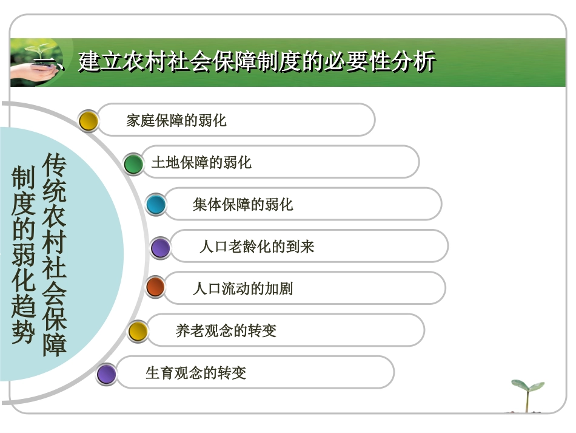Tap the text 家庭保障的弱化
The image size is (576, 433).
click(x=176, y=120)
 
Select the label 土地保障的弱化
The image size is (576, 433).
click(x=201, y=162)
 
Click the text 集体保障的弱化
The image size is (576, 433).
click(x=243, y=205)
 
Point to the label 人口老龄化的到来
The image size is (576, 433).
click(x=256, y=247)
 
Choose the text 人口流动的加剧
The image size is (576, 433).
click(x=243, y=288)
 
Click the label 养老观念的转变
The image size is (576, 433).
click(x=226, y=331)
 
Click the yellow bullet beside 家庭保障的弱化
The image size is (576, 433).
click(x=89, y=121)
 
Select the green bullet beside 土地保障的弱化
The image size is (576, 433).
click(x=133, y=163)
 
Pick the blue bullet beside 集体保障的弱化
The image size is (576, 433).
click(x=156, y=205)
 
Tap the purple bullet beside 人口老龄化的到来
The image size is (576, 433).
click(x=161, y=247)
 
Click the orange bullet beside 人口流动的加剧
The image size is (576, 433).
click(x=156, y=287)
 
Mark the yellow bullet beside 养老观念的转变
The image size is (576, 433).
click(x=138, y=331)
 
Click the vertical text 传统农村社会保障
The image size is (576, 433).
click(x=55, y=254)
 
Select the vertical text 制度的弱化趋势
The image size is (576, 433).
click(x=24, y=255)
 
